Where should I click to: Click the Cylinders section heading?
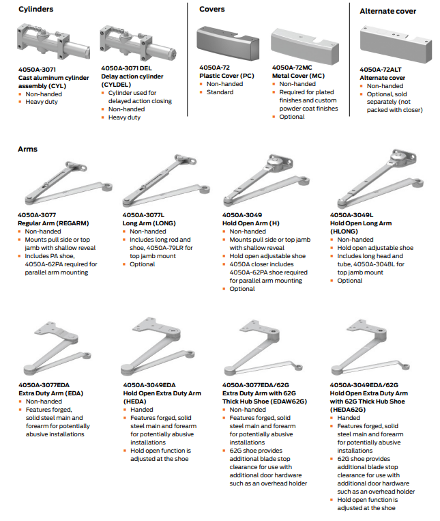tap(35, 10)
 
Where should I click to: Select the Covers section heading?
tap(212, 10)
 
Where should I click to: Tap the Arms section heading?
tap(28, 149)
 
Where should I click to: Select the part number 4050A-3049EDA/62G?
tap(368, 385)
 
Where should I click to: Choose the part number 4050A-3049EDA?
tap(149, 385)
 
